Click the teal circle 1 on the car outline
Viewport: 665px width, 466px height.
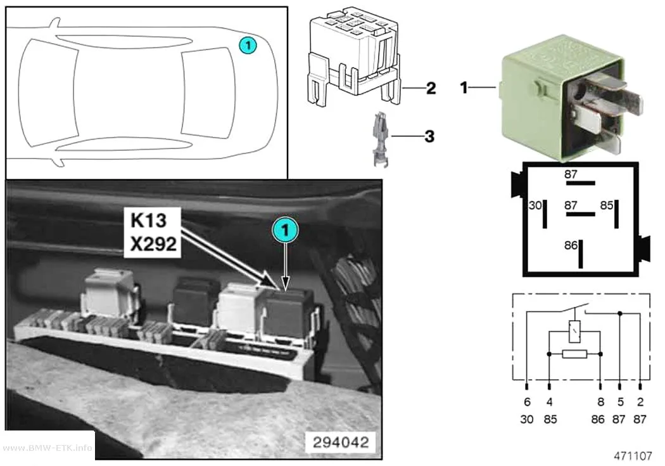coord(248,46)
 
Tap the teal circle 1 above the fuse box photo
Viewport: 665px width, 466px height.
coord(285,230)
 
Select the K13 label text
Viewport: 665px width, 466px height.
coord(148,220)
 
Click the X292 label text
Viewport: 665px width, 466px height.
coord(153,244)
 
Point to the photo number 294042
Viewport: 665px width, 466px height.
coord(341,443)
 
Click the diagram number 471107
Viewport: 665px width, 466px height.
coord(633,456)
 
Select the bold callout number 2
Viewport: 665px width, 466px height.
coord(431,88)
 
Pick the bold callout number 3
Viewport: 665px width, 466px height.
coord(429,136)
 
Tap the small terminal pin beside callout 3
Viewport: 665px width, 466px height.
coord(381,139)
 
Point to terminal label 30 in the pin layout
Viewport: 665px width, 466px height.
coord(535,206)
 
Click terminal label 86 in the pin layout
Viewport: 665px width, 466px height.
coord(571,245)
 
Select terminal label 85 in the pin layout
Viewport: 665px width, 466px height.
coord(607,206)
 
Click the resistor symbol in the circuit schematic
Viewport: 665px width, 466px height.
coord(574,354)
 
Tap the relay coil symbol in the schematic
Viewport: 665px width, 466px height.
coord(574,332)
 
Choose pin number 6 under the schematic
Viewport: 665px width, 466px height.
coord(527,401)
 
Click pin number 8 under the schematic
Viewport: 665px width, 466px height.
coord(600,401)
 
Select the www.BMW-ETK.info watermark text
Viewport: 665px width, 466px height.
coord(47,448)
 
